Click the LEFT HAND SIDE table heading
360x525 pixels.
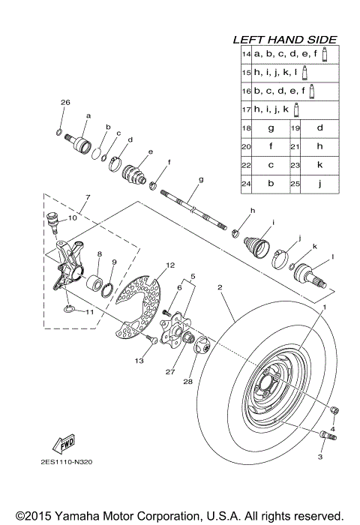tap(284, 39)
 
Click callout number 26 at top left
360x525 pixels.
tap(65, 102)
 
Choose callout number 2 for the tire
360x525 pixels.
tap(220, 286)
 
